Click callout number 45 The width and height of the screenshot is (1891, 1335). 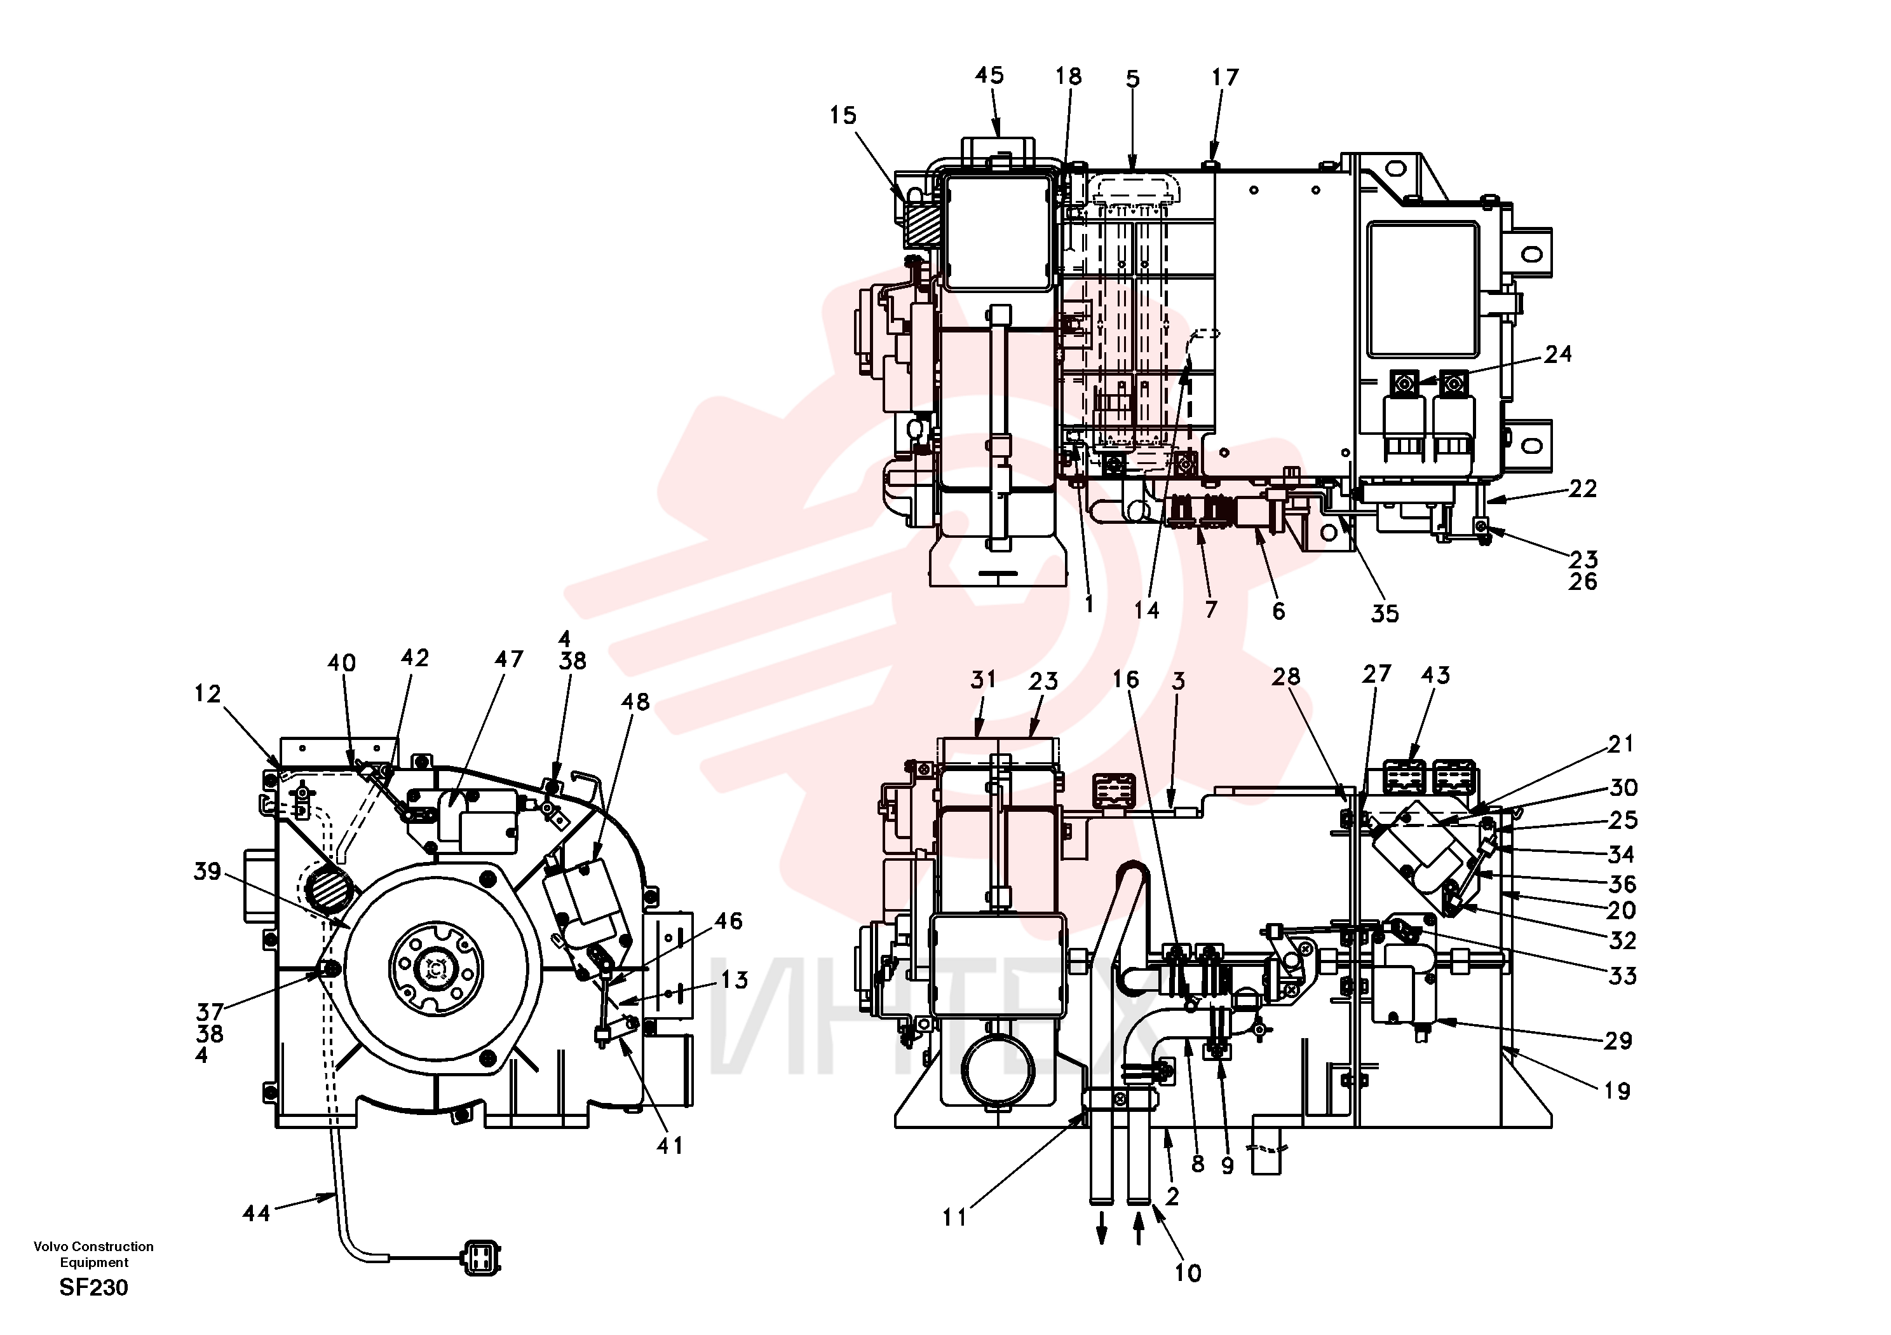(x=989, y=75)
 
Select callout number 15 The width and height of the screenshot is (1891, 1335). (x=843, y=115)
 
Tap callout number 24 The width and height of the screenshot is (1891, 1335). (x=1558, y=354)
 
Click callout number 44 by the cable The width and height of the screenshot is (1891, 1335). (x=256, y=1213)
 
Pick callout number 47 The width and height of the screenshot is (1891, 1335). (x=509, y=659)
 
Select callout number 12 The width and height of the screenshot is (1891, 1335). (x=208, y=694)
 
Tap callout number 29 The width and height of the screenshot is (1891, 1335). (x=1618, y=1041)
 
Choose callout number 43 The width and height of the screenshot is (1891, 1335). (x=1435, y=675)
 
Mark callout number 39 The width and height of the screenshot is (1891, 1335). (x=208, y=871)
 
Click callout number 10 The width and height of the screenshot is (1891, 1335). (x=1188, y=1273)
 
